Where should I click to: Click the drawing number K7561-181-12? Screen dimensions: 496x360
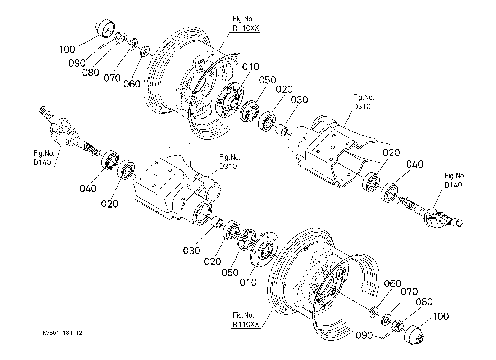click(x=63, y=333)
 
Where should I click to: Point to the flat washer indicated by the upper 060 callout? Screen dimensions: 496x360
click(x=145, y=51)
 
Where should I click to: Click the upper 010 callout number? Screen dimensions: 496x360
click(x=250, y=67)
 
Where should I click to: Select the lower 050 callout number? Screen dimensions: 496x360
click(x=230, y=273)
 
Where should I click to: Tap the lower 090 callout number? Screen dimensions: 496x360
click(x=364, y=335)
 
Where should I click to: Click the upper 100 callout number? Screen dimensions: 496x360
click(x=67, y=49)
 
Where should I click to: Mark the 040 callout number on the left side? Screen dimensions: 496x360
click(x=88, y=189)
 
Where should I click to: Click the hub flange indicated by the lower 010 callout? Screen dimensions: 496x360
click(x=264, y=249)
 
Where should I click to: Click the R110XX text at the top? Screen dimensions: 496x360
click(x=246, y=28)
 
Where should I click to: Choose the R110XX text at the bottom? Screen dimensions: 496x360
click(x=246, y=325)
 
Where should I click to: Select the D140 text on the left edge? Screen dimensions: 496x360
click(x=42, y=163)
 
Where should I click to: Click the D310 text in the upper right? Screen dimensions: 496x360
click(x=362, y=106)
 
